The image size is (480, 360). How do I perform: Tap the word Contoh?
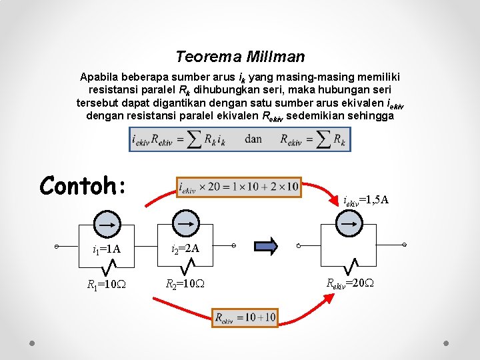click(83, 185)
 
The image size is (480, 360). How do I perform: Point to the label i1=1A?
click(106, 249)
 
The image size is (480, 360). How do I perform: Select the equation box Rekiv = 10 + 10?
click(245, 318)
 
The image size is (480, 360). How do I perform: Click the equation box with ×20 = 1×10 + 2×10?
click(238, 187)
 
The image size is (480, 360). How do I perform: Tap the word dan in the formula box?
click(253, 139)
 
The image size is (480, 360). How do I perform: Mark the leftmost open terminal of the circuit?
click(58, 247)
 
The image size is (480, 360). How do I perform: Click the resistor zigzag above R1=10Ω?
click(107, 267)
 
